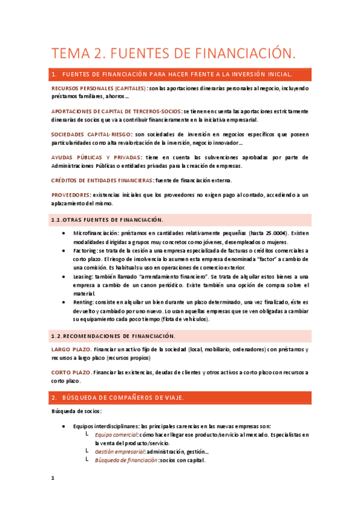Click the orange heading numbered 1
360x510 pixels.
(x=173, y=75)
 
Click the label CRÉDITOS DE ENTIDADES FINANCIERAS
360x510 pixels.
(x=102, y=180)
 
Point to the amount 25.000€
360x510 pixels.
(x=276, y=233)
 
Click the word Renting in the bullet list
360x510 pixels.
(x=84, y=302)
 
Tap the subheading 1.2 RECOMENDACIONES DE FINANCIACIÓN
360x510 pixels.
(x=113, y=336)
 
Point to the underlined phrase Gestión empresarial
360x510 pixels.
(x=120, y=452)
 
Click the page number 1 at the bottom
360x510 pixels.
(x=53, y=479)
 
